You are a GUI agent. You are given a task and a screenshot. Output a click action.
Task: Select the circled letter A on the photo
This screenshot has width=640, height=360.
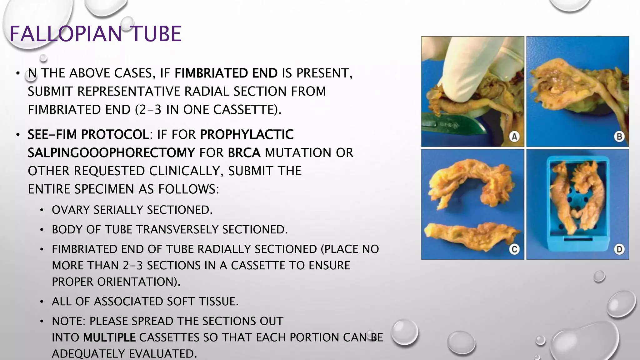pos(514,137)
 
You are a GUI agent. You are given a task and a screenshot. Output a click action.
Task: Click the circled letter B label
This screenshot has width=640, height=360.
pos(619,137)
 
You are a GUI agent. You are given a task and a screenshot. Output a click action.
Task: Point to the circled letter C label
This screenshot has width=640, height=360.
pos(514,249)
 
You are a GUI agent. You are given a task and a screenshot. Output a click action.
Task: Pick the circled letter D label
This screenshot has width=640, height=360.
pos(619,249)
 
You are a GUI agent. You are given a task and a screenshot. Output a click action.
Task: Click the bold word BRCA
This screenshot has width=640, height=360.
pos(244,153)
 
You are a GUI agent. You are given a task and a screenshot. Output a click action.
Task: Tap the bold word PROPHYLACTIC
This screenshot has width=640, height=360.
pos(247,135)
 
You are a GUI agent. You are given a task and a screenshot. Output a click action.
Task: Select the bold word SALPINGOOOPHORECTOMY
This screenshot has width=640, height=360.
pos(112,153)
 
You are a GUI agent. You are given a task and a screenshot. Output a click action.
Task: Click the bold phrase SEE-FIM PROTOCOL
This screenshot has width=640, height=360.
pos(88,135)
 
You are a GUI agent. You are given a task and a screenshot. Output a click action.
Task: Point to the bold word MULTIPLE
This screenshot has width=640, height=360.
pos(109,337)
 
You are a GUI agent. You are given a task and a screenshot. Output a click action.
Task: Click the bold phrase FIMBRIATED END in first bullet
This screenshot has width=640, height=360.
pos(226,73)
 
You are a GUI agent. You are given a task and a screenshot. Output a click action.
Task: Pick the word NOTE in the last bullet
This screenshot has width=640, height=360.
pos(68,321)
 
